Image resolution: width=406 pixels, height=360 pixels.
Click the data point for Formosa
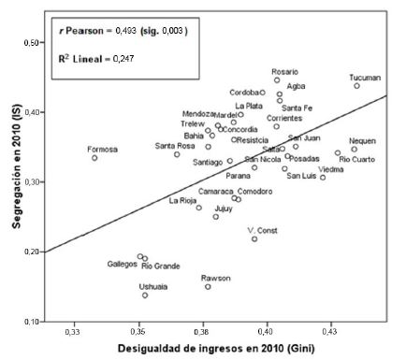click(94, 158)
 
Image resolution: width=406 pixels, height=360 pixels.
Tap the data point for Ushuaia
click(145, 295)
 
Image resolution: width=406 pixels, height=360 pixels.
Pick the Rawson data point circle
click(208, 286)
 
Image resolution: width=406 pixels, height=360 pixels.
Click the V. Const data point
click(254, 238)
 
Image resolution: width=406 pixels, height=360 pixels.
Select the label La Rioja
click(183, 200)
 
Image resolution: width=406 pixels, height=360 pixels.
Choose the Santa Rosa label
click(175, 146)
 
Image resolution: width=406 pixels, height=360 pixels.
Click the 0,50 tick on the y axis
click(33, 43)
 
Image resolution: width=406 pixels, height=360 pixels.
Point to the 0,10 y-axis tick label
click(33, 321)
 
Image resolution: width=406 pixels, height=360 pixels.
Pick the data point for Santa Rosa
click(177, 154)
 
